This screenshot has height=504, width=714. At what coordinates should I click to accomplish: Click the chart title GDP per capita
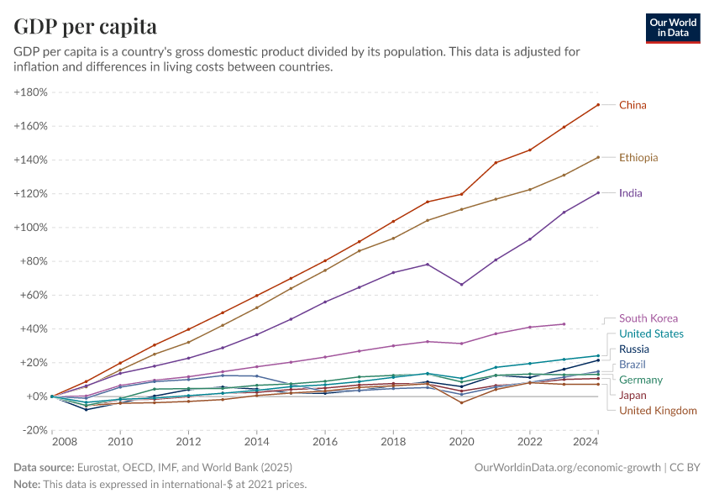click(x=85, y=26)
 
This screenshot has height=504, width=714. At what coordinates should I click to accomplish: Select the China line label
click(x=633, y=105)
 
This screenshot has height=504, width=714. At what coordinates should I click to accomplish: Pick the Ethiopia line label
click(x=638, y=157)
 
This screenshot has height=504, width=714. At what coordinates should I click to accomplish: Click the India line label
click(x=630, y=193)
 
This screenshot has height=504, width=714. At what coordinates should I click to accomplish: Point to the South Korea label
click(x=648, y=318)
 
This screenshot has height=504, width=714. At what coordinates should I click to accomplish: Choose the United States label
click(x=651, y=333)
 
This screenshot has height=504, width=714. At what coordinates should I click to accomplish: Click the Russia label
click(x=634, y=349)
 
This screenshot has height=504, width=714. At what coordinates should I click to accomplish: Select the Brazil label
click(x=633, y=365)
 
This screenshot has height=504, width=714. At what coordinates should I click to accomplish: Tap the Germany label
click(x=641, y=380)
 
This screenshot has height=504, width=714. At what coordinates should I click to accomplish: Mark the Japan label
click(x=633, y=395)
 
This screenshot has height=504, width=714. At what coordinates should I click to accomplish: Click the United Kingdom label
click(x=658, y=410)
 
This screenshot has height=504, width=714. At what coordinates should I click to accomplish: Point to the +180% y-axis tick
click(x=30, y=92)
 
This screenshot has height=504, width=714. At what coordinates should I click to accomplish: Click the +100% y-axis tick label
click(x=30, y=227)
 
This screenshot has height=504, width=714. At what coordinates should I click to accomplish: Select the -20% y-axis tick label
click(x=33, y=429)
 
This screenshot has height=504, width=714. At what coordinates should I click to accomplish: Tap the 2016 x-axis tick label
click(x=324, y=442)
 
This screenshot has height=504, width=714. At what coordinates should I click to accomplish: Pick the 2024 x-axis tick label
click(x=597, y=442)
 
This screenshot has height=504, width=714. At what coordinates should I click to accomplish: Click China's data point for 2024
click(x=597, y=105)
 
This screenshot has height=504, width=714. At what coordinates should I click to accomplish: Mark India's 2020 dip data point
click(x=461, y=284)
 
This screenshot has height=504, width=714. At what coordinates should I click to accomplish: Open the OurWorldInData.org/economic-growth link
click(x=568, y=467)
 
